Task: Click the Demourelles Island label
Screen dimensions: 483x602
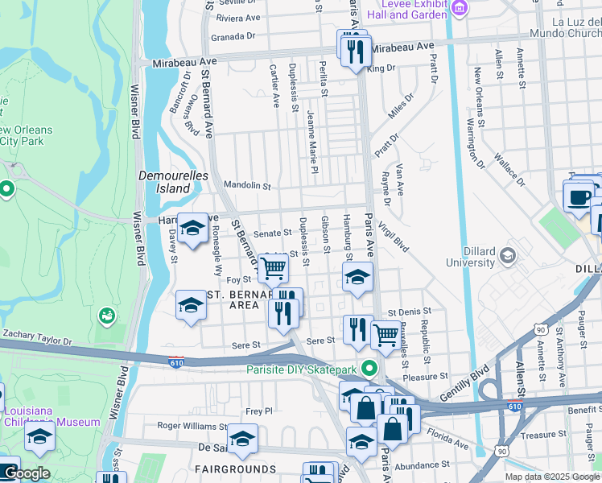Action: pos(174,182)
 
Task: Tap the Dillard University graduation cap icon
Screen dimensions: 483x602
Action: pos(507,256)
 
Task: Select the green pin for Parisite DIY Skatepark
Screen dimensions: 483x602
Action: pos(369,369)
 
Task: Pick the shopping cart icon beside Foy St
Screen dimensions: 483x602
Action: pos(274,268)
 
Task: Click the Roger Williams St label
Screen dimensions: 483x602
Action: pos(192,426)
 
